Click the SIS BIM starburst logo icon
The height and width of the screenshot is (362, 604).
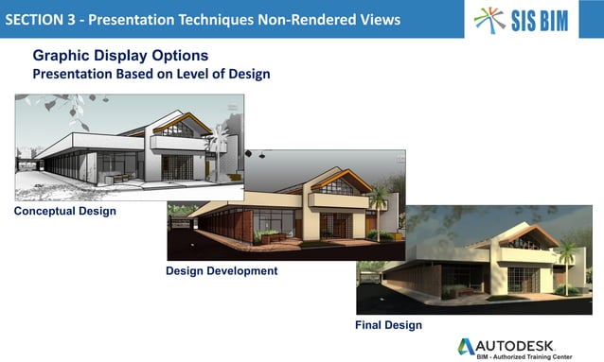490,20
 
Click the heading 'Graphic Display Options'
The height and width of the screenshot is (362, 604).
120,56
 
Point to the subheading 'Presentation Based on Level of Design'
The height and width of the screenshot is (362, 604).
151,74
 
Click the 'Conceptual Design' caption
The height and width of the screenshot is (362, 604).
65,211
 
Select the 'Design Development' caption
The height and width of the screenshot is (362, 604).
222,271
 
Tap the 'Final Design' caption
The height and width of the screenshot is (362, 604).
389,325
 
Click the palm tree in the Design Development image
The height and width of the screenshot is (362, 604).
378,198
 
